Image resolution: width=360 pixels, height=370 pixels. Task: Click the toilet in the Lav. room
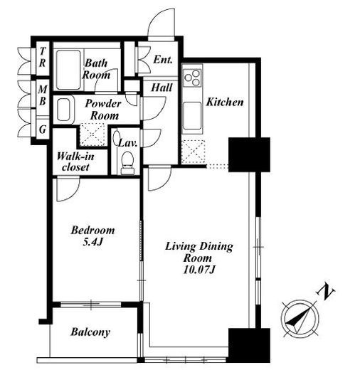point(127,163)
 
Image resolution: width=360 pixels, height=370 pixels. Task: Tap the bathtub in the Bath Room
point(68,70)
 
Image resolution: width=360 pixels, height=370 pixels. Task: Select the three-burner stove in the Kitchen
point(193,78)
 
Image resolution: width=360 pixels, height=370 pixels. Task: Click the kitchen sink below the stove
point(192,116)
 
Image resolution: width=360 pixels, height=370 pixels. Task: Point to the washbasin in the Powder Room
point(63,110)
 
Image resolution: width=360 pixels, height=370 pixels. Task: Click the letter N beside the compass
point(326,292)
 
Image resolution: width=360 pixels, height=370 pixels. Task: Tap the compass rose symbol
point(300,318)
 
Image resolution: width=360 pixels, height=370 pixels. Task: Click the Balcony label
point(90,332)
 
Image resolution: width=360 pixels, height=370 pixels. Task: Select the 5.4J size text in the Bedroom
point(92,242)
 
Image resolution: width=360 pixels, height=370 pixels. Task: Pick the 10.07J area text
point(199,270)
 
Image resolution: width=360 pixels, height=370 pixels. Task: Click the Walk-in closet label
point(75,162)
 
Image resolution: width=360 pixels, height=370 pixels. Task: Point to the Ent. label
point(163,60)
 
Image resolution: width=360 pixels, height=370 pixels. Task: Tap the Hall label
point(162,88)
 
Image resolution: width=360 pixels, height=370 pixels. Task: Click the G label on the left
point(43,129)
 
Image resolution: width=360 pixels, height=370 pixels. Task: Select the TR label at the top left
point(43,57)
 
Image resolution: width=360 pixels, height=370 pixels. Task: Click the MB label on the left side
point(43,95)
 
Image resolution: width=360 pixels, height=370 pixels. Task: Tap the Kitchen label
point(225,102)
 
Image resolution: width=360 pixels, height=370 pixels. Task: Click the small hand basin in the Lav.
point(117,137)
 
